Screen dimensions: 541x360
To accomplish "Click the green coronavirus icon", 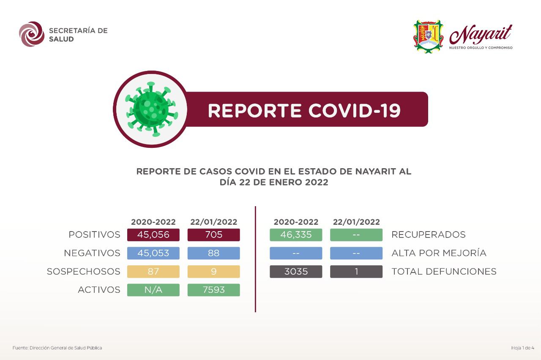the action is [x=151, y=109].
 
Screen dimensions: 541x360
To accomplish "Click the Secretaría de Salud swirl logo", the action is [x=32, y=34].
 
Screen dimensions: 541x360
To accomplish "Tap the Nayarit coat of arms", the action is [x=428, y=36].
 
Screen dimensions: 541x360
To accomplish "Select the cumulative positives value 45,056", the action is [x=153, y=235].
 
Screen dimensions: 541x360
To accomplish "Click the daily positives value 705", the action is [x=214, y=235].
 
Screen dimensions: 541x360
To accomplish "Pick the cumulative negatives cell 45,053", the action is [x=153, y=253].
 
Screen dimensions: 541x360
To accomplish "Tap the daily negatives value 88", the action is [x=214, y=253].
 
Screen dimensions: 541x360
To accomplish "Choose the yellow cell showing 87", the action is [x=153, y=271].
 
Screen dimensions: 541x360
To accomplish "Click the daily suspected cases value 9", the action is [x=214, y=271].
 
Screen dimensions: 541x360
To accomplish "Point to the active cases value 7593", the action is [x=214, y=290].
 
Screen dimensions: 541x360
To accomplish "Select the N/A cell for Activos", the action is [x=153, y=290].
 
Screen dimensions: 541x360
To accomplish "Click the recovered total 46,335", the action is [x=296, y=235].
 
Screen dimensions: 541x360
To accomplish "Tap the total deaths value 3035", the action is [x=296, y=271].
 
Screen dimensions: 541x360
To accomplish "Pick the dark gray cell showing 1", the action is [x=356, y=271].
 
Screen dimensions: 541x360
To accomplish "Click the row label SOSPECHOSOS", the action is [x=84, y=271].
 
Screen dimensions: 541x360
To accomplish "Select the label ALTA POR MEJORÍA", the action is [x=439, y=253].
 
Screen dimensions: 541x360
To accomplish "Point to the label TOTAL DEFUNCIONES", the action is [x=444, y=271].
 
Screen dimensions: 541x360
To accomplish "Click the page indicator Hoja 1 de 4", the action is [x=523, y=348].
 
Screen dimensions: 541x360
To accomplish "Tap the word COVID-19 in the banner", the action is [x=355, y=111].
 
